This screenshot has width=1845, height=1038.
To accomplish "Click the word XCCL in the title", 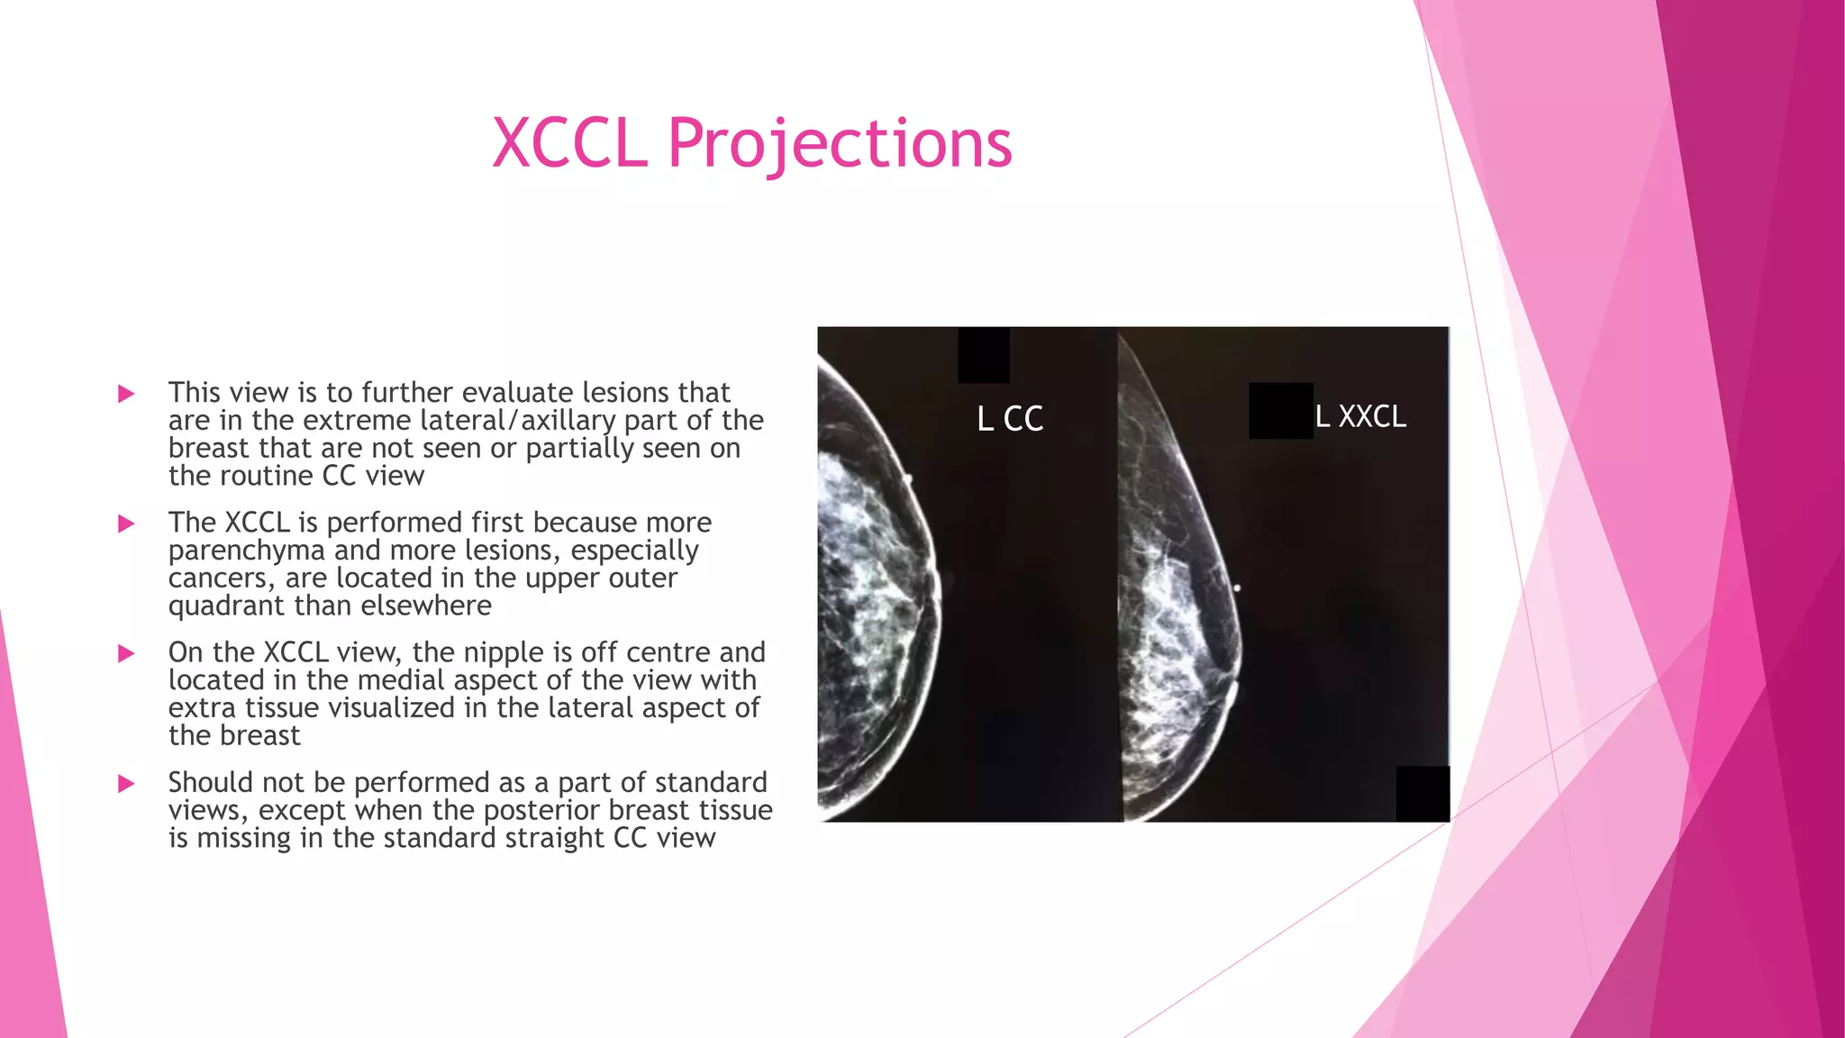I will pyautogui.click(x=569, y=143).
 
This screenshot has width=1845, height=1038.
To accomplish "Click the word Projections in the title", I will pyautogui.click(x=839, y=143).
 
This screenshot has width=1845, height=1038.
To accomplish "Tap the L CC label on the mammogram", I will pyautogui.click(x=1010, y=419).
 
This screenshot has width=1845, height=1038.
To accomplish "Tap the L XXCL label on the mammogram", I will pyautogui.click(x=1360, y=416).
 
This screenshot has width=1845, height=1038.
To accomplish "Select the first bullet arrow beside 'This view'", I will pyautogui.click(x=126, y=394).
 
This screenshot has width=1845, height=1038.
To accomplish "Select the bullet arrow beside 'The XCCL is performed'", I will pyautogui.click(x=126, y=524).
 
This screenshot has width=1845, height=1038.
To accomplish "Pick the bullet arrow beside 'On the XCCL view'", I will pyautogui.click(x=126, y=653).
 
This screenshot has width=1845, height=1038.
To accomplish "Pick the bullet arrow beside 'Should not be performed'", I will pyautogui.click(x=126, y=783).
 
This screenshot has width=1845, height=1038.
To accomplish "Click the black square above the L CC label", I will pyautogui.click(x=983, y=355).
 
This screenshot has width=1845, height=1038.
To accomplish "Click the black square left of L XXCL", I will pyautogui.click(x=1280, y=411).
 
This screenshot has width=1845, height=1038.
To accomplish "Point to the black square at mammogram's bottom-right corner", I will pyautogui.click(x=1422, y=794).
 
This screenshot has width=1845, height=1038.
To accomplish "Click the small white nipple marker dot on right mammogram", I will pyautogui.click(x=1237, y=588).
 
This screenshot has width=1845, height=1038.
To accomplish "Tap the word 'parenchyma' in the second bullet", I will pyautogui.click(x=246, y=551).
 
